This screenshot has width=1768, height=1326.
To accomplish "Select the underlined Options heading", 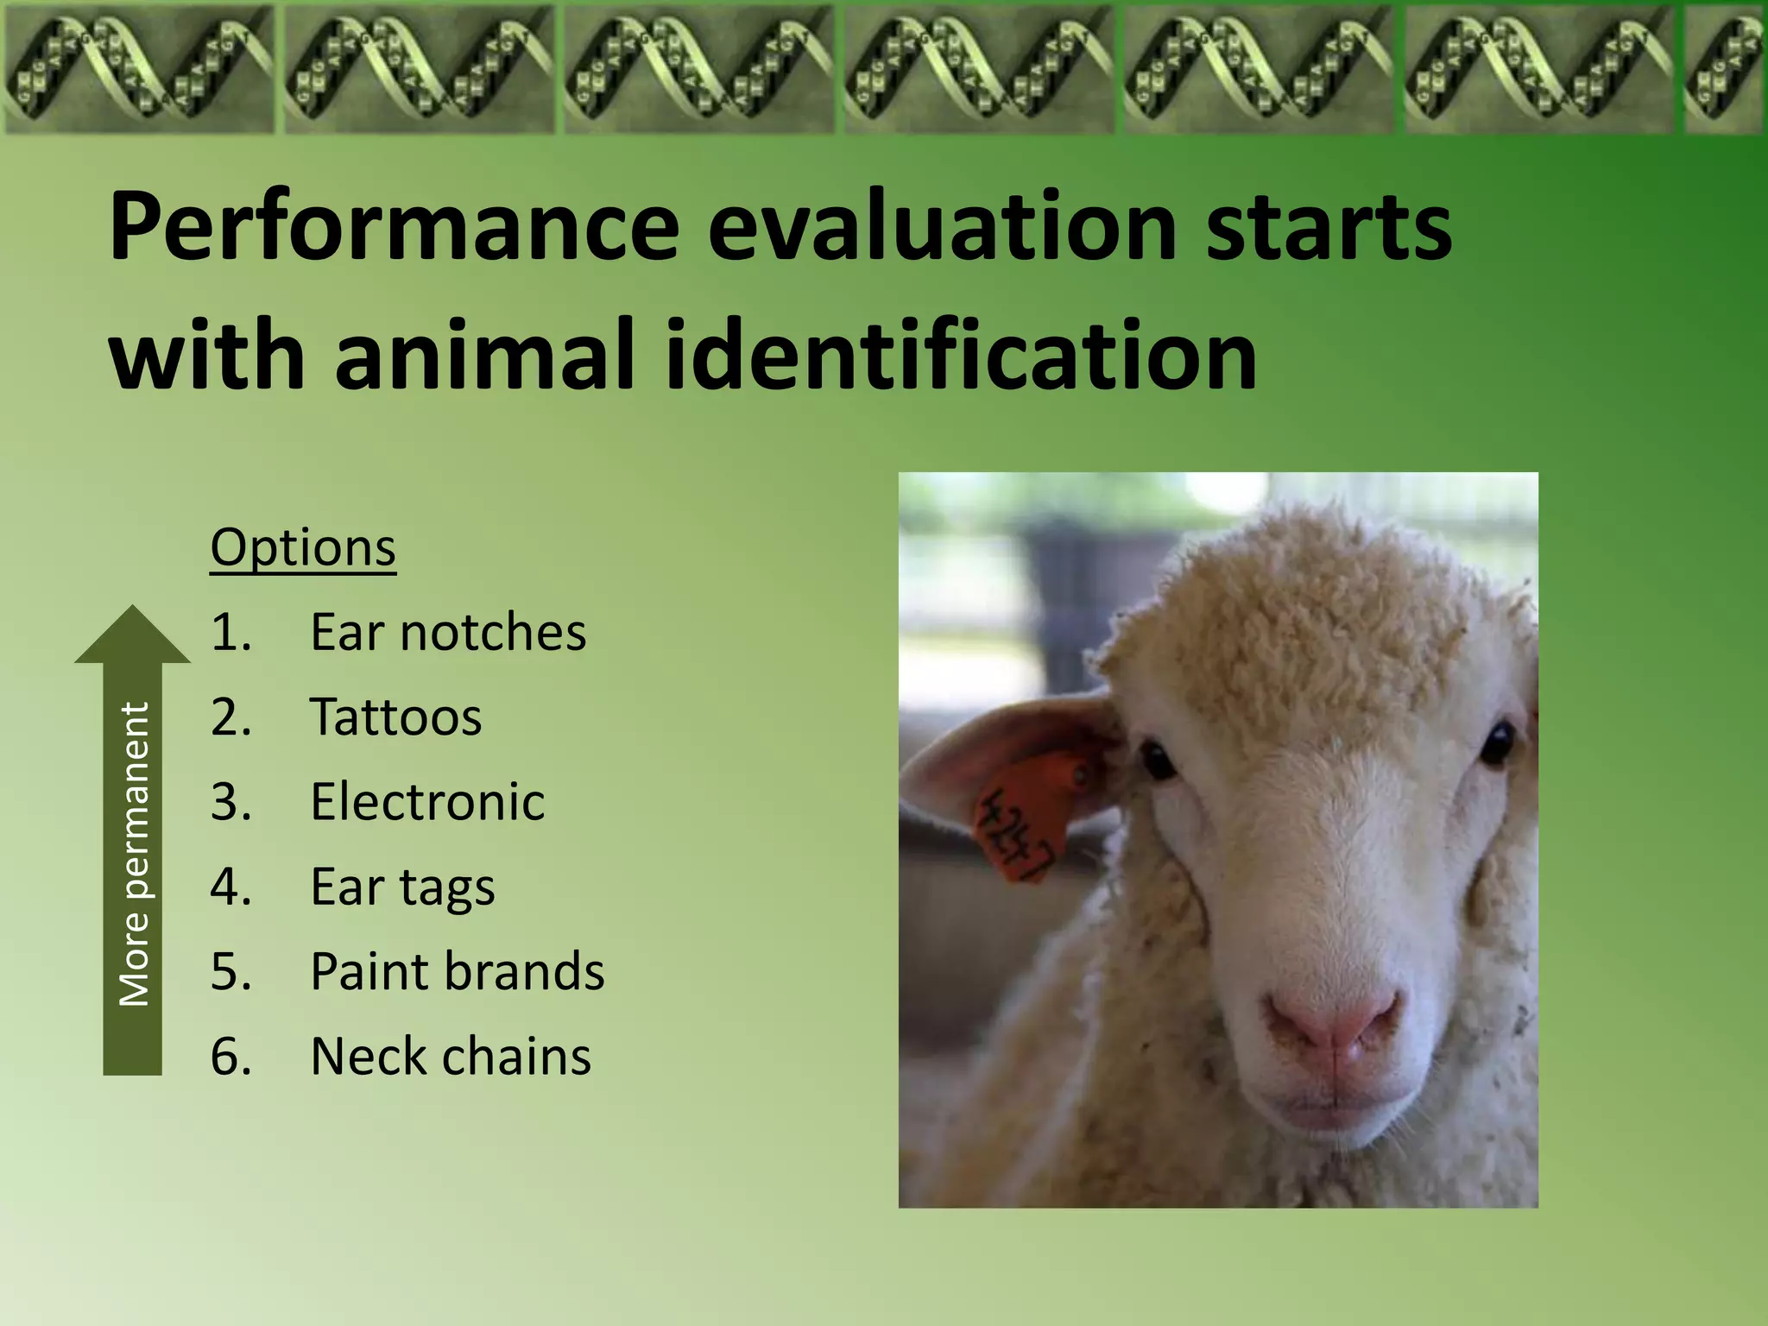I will click(x=303, y=547).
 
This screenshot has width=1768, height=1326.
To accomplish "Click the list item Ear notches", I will click(x=447, y=632).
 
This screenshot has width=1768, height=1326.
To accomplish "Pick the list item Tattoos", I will click(x=395, y=717).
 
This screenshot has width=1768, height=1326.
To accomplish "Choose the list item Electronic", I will click(x=427, y=801).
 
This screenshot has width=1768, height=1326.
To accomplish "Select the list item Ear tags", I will click(x=402, y=887).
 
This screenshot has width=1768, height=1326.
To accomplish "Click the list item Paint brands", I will click(x=457, y=971).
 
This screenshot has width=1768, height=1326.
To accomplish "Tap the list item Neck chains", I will click(x=450, y=1056).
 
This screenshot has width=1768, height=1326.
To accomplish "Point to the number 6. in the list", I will click(x=230, y=1056).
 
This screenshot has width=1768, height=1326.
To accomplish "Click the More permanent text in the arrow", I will click(x=134, y=855).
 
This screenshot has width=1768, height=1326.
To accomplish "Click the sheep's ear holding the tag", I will click(x=993, y=751).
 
